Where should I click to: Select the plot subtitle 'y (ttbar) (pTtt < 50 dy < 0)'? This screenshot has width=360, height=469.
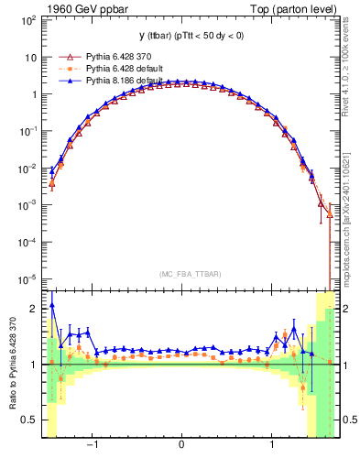pyautogui.click(x=190, y=36)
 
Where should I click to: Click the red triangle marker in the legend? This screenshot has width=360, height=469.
pyautogui.click(x=65, y=57)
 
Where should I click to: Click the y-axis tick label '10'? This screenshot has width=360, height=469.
pyautogui.click(x=29, y=57)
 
